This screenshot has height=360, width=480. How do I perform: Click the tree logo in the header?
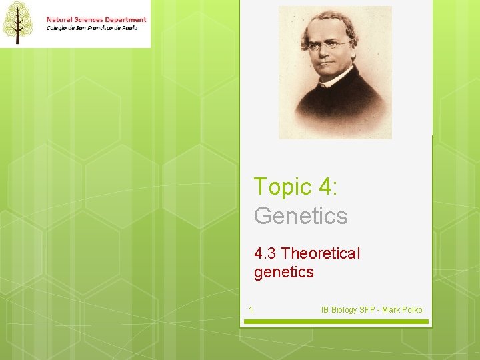click(x=18, y=22)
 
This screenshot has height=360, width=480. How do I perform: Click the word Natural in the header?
click(x=60, y=19)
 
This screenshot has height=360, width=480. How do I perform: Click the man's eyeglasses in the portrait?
click(x=329, y=46)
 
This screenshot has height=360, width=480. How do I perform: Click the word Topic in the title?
click(x=281, y=187)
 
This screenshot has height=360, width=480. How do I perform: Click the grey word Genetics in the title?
click(x=301, y=216)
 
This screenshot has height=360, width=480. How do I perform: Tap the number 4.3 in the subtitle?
click(x=265, y=253)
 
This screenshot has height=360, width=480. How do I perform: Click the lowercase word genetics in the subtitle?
click(x=283, y=271)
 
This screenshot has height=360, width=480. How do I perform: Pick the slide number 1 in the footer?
click(x=250, y=310)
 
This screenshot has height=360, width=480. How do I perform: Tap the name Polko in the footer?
click(x=411, y=310)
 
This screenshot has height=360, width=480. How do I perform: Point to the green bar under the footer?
click(x=335, y=321)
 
